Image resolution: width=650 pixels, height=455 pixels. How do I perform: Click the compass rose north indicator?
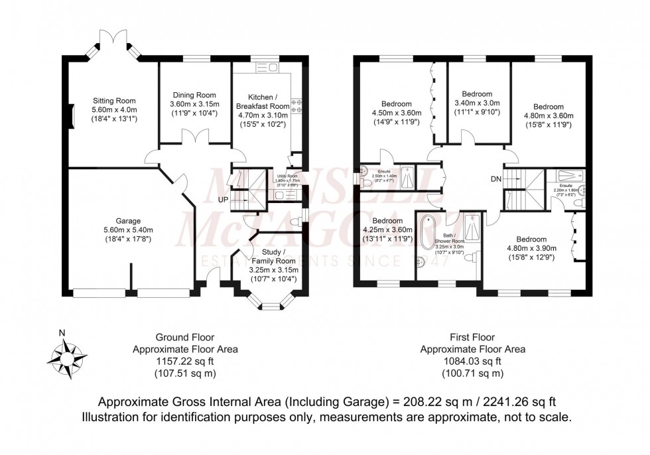(x=62, y=334)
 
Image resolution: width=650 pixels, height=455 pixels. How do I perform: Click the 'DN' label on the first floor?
(x=495, y=178)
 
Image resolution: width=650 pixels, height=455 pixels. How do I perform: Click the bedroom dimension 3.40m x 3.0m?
(x=477, y=103)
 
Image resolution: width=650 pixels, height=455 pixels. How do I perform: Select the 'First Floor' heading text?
(x=473, y=337)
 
